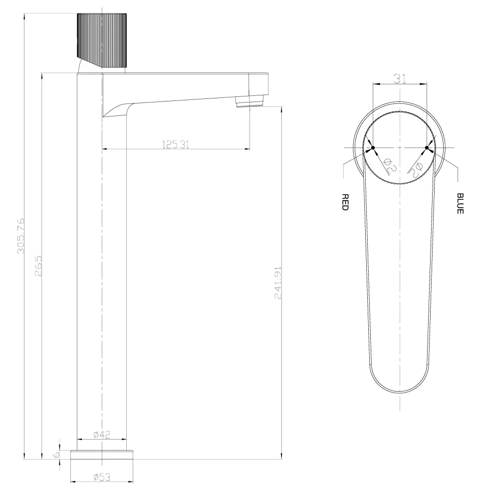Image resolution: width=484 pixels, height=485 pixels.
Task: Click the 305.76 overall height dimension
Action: [x=20, y=236]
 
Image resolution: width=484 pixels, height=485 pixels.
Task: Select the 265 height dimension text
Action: [x=38, y=266]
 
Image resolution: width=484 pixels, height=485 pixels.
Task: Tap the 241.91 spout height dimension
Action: [x=278, y=283]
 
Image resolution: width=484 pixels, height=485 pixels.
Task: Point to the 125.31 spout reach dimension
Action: [x=176, y=144]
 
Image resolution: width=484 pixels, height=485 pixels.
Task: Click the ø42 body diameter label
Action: [x=102, y=435]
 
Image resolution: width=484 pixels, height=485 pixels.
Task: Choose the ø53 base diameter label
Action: [x=102, y=477]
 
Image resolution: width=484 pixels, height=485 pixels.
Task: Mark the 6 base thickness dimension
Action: [x=56, y=455]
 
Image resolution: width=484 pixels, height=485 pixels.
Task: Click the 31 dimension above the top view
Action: [x=400, y=79]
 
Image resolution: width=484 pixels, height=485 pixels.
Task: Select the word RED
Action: [x=345, y=202]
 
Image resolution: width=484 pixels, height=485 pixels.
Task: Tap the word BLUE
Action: [x=460, y=203]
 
